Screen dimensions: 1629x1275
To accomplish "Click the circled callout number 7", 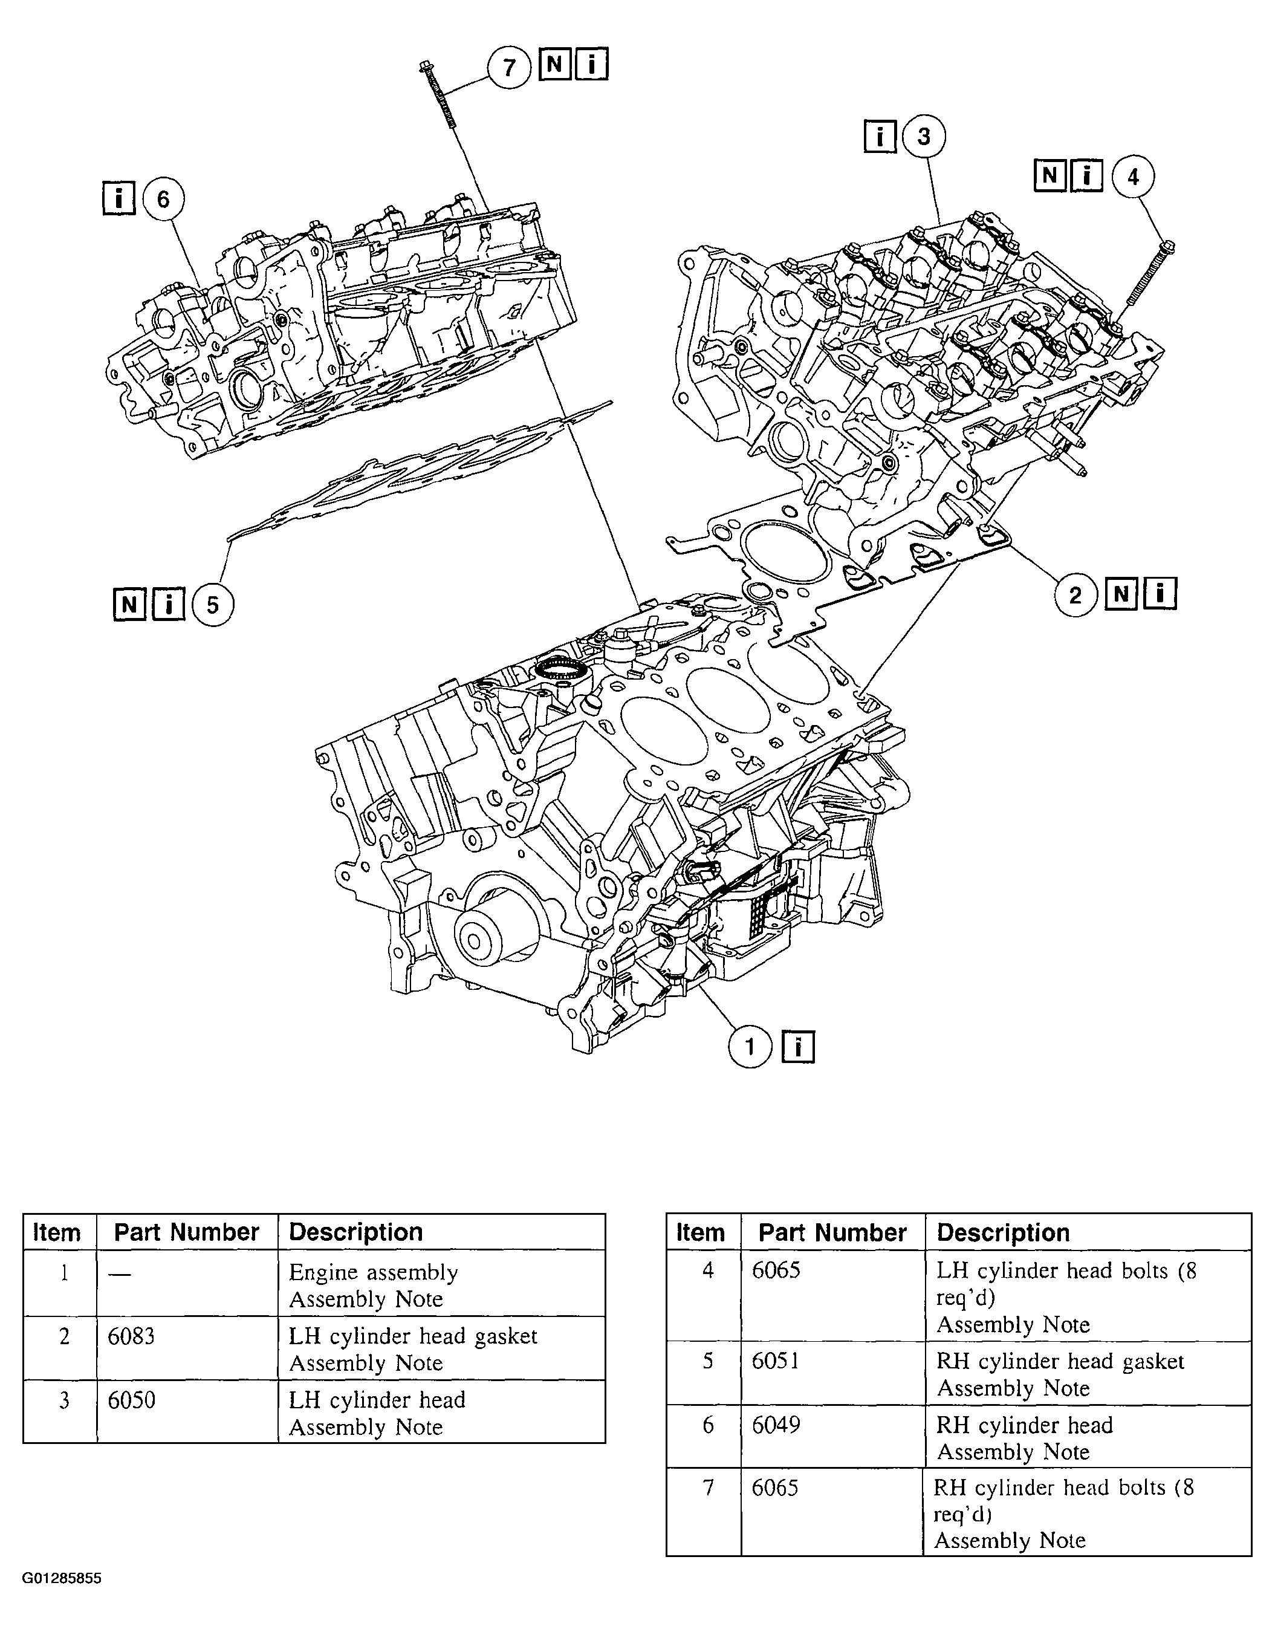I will pyautogui.click(x=509, y=67).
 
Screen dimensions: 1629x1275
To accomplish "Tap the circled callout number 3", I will pyautogui.click(x=924, y=137).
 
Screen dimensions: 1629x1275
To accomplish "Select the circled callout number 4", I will pyautogui.click(x=1133, y=177).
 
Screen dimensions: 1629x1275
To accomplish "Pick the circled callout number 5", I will pyautogui.click(x=213, y=605).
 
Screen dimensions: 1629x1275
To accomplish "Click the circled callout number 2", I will pyautogui.click(x=1075, y=595).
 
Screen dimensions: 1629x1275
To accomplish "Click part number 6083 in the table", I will pyautogui.click(x=131, y=1336).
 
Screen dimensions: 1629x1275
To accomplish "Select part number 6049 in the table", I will pyautogui.click(x=776, y=1425).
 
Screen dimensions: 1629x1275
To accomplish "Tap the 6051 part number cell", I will pyautogui.click(x=776, y=1361).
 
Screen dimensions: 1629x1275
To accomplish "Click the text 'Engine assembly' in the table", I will pyautogui.click(x=373, y=1272).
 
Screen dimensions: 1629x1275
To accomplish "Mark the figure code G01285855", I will pyautogui.click(x=61, y=1578).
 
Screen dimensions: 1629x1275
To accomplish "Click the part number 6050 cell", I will pyautogui.click(x=131, y=1399).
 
